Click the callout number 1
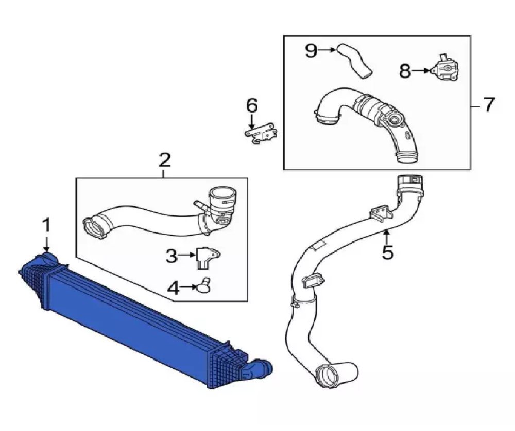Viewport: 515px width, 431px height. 47,225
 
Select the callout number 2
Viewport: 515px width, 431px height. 164,160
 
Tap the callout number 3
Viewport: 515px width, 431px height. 173,256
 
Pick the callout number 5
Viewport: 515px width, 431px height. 387,252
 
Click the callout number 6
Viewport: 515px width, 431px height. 251,105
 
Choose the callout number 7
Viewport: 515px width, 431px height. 488,105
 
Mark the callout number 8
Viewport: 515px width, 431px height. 406,71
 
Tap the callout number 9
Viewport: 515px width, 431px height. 311,50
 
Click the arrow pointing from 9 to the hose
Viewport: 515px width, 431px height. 328,50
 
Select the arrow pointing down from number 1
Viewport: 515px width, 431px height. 47,243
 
